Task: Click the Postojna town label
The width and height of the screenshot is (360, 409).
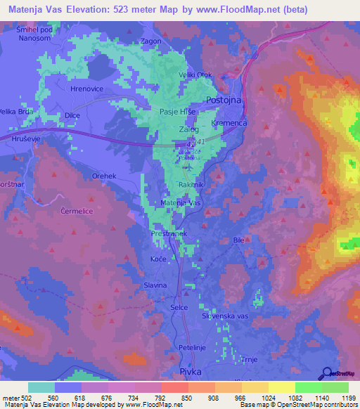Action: coord(223,100)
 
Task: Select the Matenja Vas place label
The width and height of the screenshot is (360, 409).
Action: coord(181,202)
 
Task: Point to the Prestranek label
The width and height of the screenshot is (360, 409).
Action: coord(167,233)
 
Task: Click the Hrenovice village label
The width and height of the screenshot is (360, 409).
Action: coord(86,90)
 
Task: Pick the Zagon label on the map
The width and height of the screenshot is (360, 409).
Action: coord(152,41)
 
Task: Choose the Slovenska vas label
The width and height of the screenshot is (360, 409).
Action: coord(226,317)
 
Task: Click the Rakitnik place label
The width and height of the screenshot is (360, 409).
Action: coord(191,185)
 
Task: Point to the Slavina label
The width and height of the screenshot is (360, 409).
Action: coord(155,285)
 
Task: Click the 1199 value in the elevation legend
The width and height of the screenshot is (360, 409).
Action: coord(347,398)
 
